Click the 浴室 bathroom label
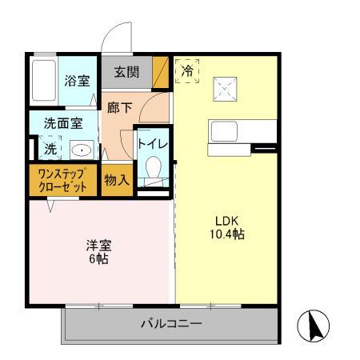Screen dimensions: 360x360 click(x=77, y=81)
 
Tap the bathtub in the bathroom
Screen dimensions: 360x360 click(x=44, y=81)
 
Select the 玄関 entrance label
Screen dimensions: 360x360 click(x=126, y=72)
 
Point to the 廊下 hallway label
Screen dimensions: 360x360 click(x=119, y=107)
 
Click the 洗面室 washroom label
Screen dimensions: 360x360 click(x=63, y=123)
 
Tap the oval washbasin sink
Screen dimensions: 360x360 click(x=82, y=150)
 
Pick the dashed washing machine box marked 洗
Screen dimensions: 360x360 click(x=50, y=148)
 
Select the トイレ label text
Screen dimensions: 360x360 click(x=153, y=144)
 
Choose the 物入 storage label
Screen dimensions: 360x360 click(x=117, y=180)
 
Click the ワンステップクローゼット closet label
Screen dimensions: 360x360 click(x=62, y=180)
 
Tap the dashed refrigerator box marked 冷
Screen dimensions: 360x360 click(x=187, y=71)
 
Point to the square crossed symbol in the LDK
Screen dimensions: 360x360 click(x=225, y=89)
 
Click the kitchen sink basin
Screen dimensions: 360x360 click(x=224, y=131)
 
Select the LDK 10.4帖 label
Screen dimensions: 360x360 click(x=227, y=227)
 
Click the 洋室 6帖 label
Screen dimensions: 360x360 click(x=98, y=252)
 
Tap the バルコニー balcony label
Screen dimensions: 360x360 click(x=171, y=324)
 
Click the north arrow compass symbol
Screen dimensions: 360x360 click(x=314, y=326)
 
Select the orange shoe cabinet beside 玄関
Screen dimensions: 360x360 click(x=161, y=72)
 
